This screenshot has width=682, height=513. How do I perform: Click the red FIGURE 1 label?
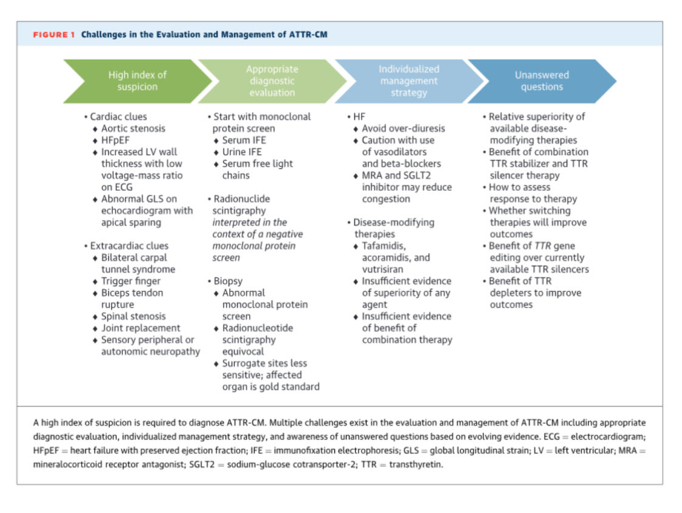click(x=54, y=35)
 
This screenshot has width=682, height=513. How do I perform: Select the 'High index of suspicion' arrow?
click(x=137, y=81)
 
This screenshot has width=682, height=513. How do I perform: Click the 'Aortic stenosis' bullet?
click(x=133, y=128)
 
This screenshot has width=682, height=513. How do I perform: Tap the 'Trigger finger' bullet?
click(x=131, y=281)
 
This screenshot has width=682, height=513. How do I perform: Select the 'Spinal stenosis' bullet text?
click(x=133, y=316)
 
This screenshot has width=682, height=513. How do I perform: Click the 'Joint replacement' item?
click(x=140, y=328)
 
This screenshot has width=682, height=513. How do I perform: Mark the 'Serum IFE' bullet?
click(x=244, y=140)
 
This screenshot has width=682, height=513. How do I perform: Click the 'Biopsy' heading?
click(x=230, y=281)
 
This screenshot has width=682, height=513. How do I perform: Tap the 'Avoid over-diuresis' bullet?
click(x=403, y=128)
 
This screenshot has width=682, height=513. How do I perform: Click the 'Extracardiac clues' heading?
click(x=129, y=246)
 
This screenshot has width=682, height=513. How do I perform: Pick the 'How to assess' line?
click(x=519, y=187)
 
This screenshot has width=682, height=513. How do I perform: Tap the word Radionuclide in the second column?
click(x=242, y=199)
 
